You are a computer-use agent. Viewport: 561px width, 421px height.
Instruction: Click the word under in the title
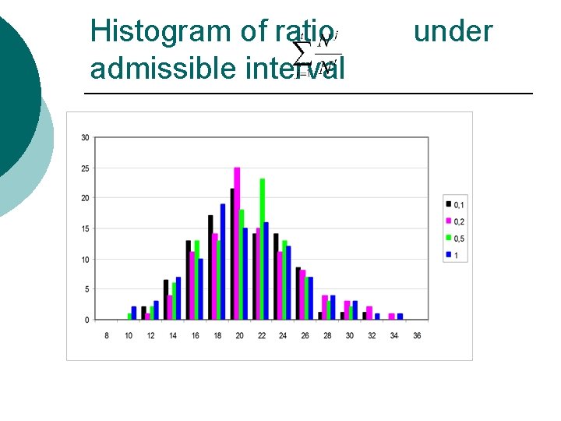point(453,32)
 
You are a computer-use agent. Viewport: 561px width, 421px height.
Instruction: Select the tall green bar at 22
point(263,249)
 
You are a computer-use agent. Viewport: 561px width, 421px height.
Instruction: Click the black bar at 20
point(232,253)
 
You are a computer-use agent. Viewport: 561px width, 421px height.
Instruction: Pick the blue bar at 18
point(223,261)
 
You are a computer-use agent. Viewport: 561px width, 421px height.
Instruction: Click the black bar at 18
point(210,267)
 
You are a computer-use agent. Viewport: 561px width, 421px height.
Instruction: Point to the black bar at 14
point(166,299)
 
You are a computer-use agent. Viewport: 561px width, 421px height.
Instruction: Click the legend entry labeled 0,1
point(455,204)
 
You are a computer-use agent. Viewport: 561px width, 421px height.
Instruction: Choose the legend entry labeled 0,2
point(455,221)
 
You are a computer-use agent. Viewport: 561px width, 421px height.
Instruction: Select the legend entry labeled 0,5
point(455,239)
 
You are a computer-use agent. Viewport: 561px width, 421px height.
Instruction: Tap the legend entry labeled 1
point(453,255)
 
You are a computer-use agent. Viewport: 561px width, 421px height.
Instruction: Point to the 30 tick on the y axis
point(85,138)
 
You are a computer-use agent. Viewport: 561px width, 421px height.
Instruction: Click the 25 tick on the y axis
point(85,168)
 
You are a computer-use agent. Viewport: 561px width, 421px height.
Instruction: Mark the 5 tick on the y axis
point(86,289)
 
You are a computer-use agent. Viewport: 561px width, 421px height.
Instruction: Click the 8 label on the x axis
point(107,335)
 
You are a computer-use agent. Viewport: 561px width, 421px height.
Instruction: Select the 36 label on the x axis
point(417,335)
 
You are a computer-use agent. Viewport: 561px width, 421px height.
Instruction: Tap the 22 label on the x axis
point(262,335)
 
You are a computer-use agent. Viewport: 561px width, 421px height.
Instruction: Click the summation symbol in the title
point(301,53)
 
